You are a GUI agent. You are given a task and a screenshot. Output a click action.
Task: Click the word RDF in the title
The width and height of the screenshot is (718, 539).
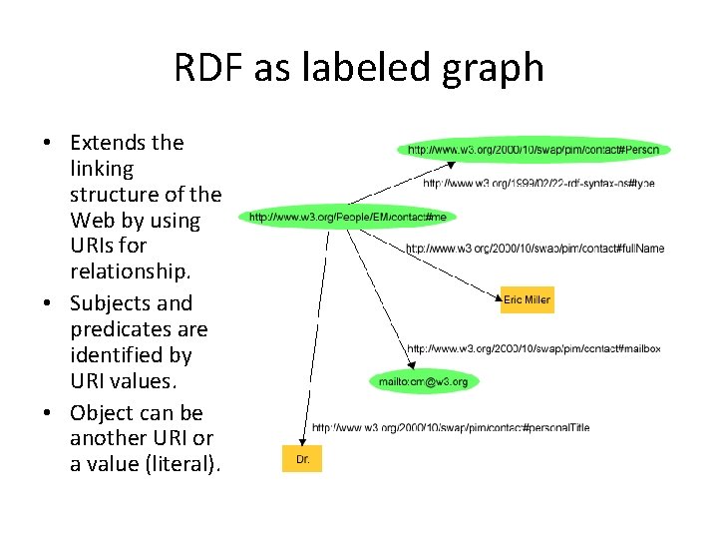tap(208, 68)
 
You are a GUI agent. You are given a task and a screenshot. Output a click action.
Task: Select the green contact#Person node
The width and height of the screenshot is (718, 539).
tap(534, 150)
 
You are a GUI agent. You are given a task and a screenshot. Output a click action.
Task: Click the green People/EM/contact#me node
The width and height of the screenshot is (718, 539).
tap(348, 217)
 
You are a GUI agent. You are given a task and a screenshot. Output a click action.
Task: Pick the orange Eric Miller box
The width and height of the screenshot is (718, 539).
tap(527, 299)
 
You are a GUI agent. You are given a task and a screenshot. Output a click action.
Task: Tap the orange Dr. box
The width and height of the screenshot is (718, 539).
tap(303, 460)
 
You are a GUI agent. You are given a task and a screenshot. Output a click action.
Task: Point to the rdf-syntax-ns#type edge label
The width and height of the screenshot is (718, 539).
tap(538, 184)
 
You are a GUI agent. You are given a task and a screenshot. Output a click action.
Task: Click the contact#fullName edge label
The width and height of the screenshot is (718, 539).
tap(535, 248)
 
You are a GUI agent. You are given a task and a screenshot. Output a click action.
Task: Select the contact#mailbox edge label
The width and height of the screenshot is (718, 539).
tap(534, 348)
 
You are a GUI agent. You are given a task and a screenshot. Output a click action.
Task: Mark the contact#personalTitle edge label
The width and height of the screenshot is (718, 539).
tap(451, 427)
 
